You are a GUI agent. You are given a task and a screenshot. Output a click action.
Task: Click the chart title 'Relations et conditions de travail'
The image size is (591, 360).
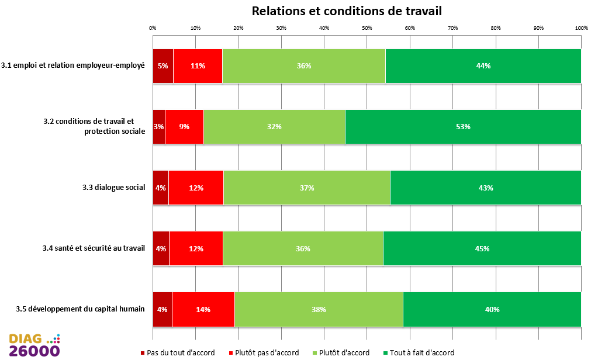[346, 11]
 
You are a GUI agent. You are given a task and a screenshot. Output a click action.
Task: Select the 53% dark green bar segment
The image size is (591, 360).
[463, 126]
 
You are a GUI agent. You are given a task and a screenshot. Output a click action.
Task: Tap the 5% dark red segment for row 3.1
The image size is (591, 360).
[163, 65]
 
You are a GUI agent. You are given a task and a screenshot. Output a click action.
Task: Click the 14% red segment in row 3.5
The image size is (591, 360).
[203, 309]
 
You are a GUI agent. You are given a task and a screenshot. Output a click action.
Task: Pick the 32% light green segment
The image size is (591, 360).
[274, 126]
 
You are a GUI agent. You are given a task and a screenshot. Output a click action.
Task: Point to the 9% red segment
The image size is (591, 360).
[184, 126]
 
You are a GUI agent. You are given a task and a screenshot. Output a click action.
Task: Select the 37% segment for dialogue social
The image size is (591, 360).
[306, 188]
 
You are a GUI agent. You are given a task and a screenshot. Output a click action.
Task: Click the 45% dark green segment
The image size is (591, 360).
[482, 248]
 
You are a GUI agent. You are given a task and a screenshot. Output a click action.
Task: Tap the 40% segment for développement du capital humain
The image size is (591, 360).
[492, 309]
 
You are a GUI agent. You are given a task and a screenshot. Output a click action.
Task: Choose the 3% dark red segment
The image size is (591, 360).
[159, 126]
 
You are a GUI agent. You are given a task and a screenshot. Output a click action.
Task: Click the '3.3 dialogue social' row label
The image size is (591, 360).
[113, 188]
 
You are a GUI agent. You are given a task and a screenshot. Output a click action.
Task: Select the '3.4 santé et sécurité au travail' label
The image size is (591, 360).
[94, 248]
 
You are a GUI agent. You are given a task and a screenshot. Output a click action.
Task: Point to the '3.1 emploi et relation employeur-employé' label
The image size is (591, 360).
[73, 65]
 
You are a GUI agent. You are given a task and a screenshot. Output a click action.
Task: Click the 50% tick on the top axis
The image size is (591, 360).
[367, 27]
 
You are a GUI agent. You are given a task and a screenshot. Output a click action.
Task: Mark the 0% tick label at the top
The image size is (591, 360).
[153, 27]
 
